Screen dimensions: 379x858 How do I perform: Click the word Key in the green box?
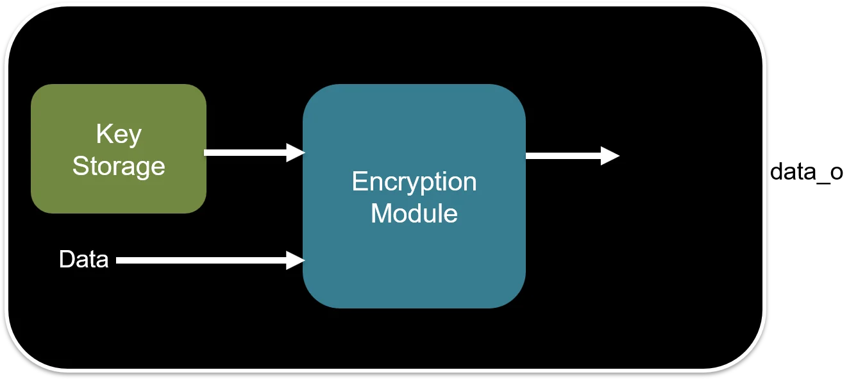tap(119, 135)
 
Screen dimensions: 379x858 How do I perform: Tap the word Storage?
tap(119, 166)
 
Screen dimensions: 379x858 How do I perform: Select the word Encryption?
tap(414, 182)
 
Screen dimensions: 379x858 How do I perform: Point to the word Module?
tap(414, 213)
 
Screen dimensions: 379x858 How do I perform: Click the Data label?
tap(83, 260)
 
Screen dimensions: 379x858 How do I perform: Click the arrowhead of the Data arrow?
tap(295, 260)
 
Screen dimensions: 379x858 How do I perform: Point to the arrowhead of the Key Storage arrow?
tap(295, 153)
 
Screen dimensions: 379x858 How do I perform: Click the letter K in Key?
tap(103, 135)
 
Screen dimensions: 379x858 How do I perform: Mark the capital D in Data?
tap(65, 260)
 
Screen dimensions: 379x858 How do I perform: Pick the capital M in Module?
tap(381, 213)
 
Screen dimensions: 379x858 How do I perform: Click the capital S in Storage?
tap(80, 166)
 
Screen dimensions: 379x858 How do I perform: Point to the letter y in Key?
tap(135, 138)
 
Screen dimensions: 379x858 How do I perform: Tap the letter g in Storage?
tap(142, 169)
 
